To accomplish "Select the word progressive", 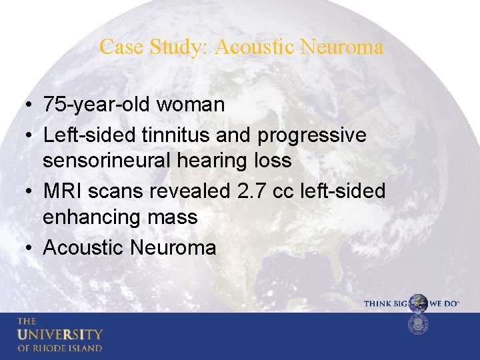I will coord(312,135).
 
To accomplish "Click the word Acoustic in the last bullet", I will coord(83,247).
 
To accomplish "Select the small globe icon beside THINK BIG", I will coord(418,303).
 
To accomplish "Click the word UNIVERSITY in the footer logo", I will coord(60,333).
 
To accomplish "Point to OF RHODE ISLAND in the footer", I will coord(60,347).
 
